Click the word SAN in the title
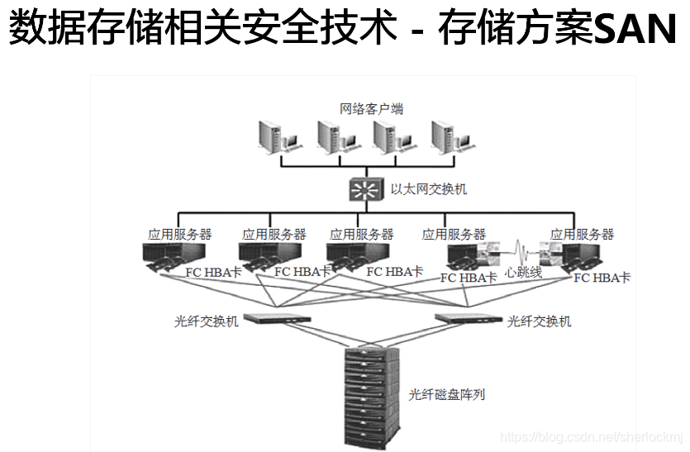pos(636,31)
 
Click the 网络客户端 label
pos(371,109)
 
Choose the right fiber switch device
pos(468,318)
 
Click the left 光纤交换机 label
pos(206,321)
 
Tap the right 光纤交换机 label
pos(538,321)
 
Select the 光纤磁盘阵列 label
pos(447,394)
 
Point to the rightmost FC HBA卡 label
pos(602,278)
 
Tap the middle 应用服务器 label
pos(361,235)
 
